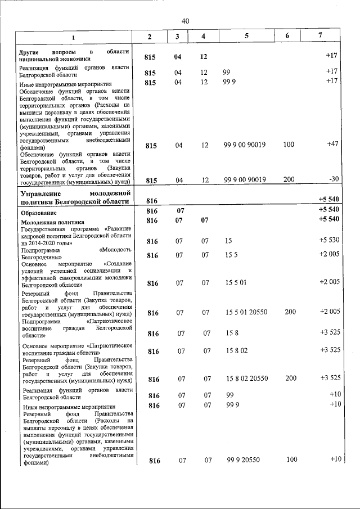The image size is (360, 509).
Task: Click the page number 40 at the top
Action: click(x=185, y=21)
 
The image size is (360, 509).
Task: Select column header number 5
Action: click(x=246, y=37)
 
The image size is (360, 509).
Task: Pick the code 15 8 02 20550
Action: click(x=246, y=379)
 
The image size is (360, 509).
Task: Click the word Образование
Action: click(x=38, y=214)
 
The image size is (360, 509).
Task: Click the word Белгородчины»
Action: click(x=42, y=256)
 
